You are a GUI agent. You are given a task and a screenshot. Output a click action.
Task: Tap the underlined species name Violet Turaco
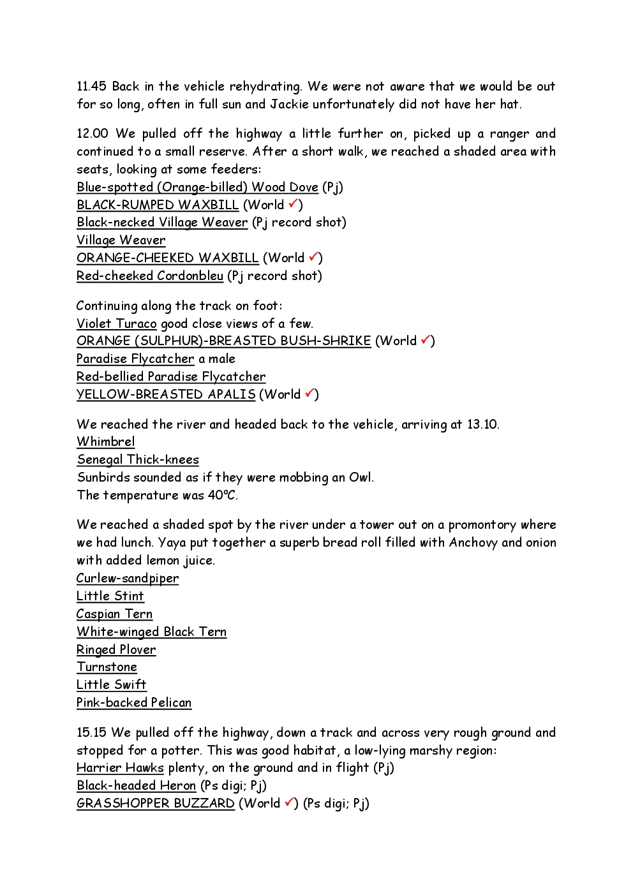click(116, 324)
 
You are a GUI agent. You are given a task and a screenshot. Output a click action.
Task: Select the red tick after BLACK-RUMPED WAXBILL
click(293, 204)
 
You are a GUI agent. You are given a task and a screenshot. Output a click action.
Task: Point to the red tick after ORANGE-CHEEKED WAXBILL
click(313, 257)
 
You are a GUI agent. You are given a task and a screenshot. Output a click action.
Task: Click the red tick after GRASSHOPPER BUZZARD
click(289, 803)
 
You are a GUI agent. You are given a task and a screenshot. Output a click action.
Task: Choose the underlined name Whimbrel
click(105, 442)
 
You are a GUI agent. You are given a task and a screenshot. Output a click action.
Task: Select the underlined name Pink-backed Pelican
click(134, 703)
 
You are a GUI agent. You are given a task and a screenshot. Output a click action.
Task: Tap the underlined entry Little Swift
click(111, 685)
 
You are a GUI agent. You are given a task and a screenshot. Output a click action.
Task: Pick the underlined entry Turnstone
click(107, 667)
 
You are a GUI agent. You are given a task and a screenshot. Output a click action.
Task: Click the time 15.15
click(91, 733)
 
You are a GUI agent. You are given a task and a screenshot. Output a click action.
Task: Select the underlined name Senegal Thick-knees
click(138, 460)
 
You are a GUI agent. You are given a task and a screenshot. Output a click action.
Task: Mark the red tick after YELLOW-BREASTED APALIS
click(309, 394)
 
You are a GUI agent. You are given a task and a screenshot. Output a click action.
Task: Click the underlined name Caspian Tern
click(114, 614)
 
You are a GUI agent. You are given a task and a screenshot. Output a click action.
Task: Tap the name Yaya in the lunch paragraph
click(172, 543)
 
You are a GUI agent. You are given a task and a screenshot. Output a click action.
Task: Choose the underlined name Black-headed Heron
click(136, 786)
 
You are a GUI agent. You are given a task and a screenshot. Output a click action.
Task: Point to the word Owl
click(361, 478)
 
